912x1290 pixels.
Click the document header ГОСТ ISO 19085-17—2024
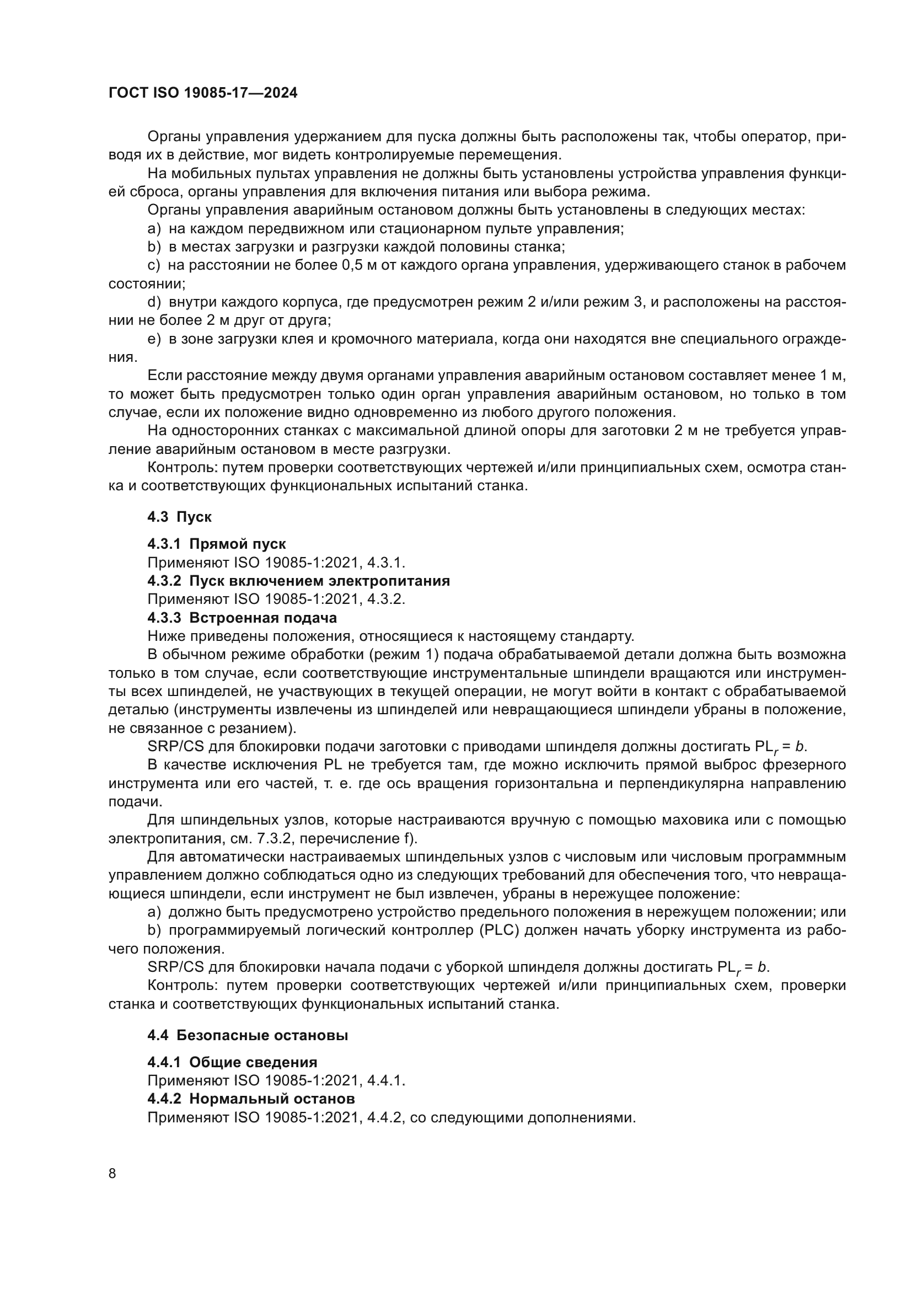click(x=203, y=93)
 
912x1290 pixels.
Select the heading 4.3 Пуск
click(x=179, y=517)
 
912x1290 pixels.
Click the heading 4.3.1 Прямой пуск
click(x=216, y=544)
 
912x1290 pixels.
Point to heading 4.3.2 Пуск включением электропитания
click(x=298, y=581)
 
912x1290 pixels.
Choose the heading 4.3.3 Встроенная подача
click(x=242, y=618)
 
